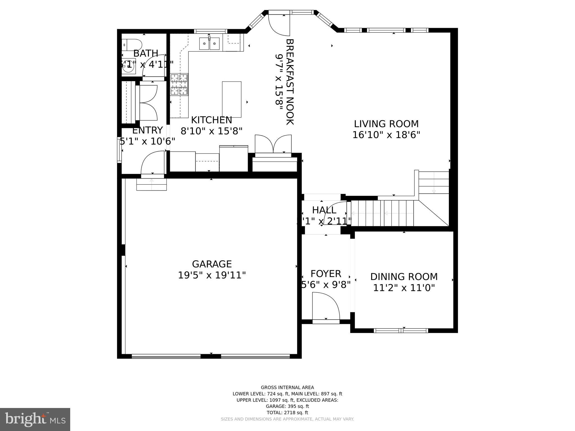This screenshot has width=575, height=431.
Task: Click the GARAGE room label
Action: click(x=212, y=264)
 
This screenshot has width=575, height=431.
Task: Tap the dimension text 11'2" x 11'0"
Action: click(x=404, y=288)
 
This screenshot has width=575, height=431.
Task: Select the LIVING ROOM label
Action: click(x=386, y=124)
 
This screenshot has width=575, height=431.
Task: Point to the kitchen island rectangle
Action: click(x=232, y=99)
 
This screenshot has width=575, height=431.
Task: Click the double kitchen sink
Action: click(x=209, y=44)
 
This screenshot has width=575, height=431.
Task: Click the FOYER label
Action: click(x=326, y=274)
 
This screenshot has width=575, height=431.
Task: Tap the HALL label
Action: click(x=324, y=210)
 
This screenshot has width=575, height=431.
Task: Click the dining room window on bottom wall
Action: click(x=401, y=331)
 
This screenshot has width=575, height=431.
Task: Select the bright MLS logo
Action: click(x=35, y=419)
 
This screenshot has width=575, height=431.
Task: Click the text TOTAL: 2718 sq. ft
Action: click(x=287, y=412)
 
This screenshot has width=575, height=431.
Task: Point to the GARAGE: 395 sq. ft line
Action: click(x=287, y=406)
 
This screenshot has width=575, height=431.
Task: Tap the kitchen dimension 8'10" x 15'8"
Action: click(x=211, y=131)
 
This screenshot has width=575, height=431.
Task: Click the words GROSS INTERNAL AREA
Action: click(x=287, y=388)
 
